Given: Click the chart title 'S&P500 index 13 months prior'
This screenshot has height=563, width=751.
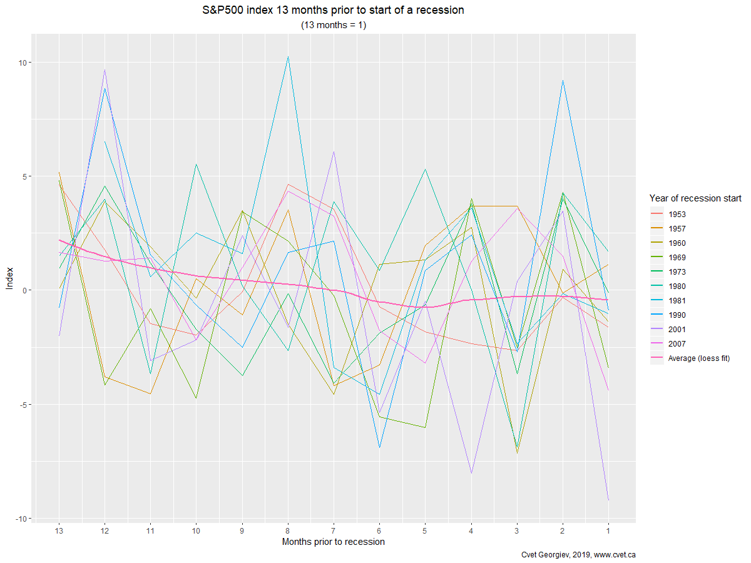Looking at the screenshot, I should click(333, 11).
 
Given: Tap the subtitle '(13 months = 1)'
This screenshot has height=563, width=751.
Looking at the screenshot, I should click(333, 26).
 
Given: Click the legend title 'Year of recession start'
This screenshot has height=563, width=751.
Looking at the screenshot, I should click(695, 198).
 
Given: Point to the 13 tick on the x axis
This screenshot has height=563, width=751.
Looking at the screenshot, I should click(59, 529).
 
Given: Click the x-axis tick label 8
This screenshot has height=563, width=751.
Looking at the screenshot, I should click(288, 529).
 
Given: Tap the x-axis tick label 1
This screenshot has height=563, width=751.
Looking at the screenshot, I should click(608, 529).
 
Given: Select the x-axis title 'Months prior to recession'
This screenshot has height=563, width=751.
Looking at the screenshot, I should click(333, 542).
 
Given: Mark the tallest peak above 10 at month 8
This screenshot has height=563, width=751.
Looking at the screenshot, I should click(288, 57).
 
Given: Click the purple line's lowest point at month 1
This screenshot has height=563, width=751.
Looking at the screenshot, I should click(608, 500).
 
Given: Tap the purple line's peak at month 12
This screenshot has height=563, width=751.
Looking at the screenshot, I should click(105, 69).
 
